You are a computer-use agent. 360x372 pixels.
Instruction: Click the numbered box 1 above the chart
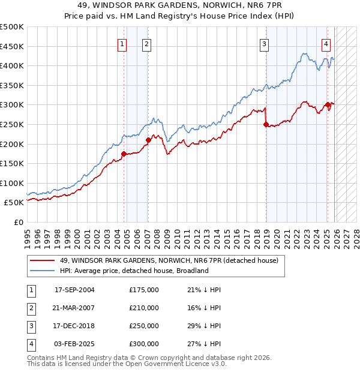click(122, 43)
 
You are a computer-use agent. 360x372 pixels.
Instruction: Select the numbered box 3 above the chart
click(264, 43)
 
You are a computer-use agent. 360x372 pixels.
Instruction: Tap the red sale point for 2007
click(148, 140)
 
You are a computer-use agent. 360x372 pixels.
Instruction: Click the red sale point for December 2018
click(265, 125)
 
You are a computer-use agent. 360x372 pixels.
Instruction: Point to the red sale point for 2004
click(124, 154)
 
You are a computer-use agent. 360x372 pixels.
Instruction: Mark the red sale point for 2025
click(328, 105)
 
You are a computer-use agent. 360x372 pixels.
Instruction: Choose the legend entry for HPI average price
click(134, 271)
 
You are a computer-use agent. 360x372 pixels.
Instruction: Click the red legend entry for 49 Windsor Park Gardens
click(169, 260)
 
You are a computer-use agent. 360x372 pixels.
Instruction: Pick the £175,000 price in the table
click(144, 290)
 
